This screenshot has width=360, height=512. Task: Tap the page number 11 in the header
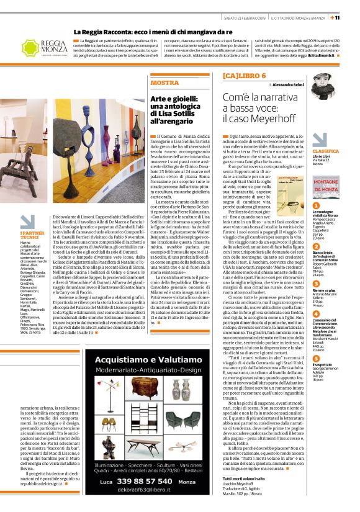coord(353,17)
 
